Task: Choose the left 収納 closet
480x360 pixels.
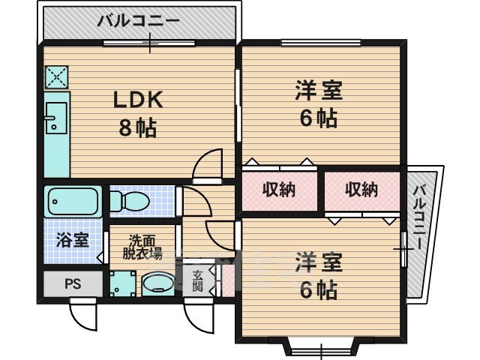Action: pyautogui.click(x=278, y=190)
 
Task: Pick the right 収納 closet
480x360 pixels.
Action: pyautogui.click(x=361, y=190)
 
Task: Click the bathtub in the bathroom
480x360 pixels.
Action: pyautogui.click(x=73, y=200)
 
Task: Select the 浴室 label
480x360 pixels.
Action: pyautogui.click(x=72, y=241)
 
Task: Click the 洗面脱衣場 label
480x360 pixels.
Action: pyautogui.click(x=142, y=247)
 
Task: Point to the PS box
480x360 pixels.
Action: pyautogui.click(x=72, y=283)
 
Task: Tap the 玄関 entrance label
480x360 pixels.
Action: pyautogui.click(x=197, y=280)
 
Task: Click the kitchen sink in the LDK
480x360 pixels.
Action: pyautogui.click(x=53, y=118)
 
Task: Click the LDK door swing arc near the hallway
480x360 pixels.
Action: pyautogui.click(x=208, y=166)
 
